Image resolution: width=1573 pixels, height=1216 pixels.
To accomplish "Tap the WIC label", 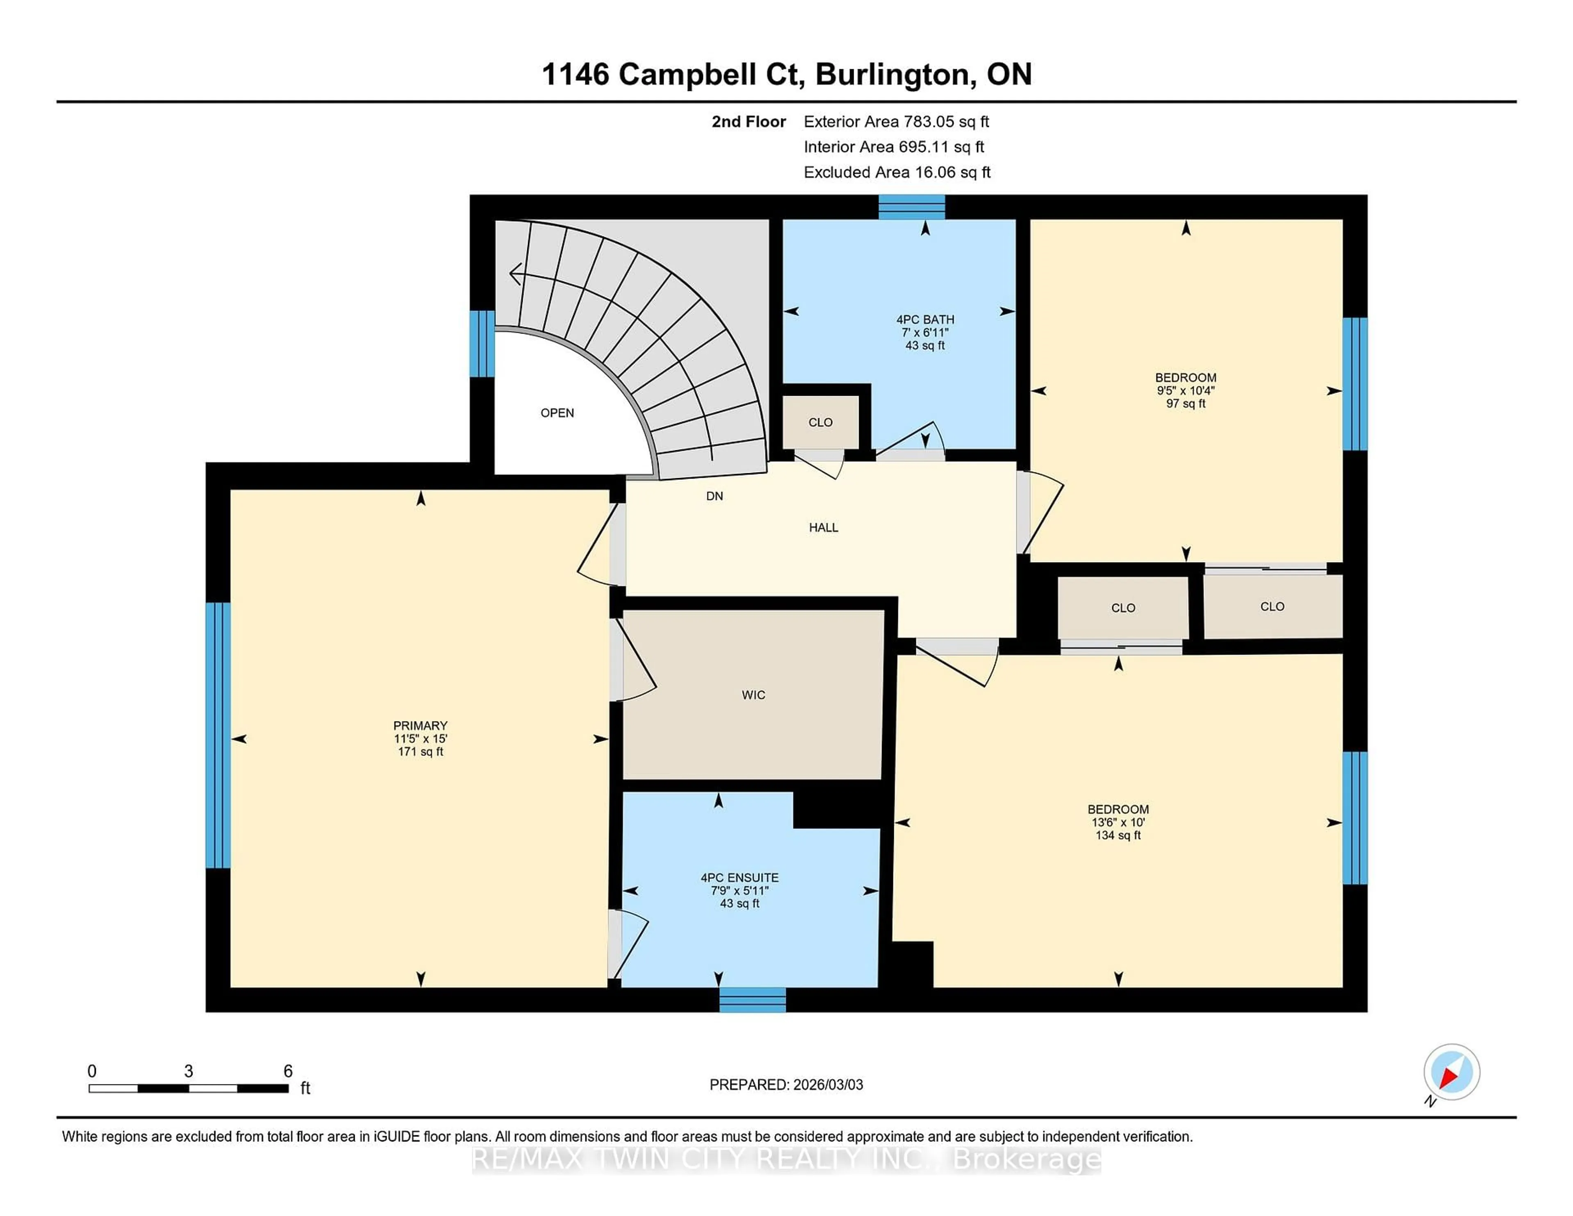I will pyautogui.click(x=753, y=694).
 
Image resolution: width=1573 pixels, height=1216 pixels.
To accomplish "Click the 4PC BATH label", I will pyautogui.click(x=925, y=319).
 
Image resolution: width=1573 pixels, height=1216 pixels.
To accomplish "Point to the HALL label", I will pyautogui.click(x=823, y=527).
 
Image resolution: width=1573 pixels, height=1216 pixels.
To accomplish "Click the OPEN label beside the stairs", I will pyautogui.click(x=557, y=413).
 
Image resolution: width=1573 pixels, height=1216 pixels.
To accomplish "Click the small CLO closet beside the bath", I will pyautogui.click(x=820, y=422).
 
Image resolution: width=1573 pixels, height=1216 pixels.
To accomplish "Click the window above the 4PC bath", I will pyautogui.click(x=911, y=207).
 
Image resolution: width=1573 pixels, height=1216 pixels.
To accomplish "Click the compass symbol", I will pyautogui.click(x=1451, y=1072).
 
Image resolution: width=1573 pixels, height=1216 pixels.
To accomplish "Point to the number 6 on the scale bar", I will pyautogui.click(x=288, y=1071).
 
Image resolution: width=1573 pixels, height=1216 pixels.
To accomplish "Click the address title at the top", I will pyautogui.click(x=786, y=74).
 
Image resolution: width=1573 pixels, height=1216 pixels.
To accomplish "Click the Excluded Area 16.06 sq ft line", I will pyautogui.click(x=897, y=172).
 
